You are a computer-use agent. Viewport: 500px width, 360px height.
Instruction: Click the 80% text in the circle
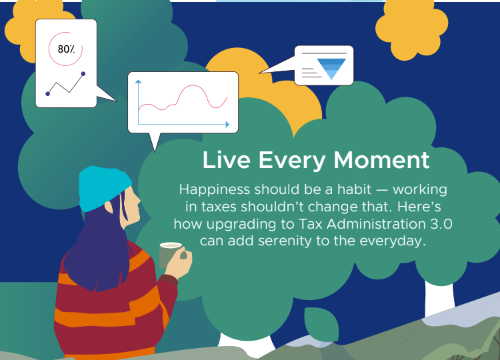(66, 49)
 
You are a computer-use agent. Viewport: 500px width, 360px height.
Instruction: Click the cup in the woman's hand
(170, 255)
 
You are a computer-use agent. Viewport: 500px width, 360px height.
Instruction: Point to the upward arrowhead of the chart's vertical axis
(138, 81)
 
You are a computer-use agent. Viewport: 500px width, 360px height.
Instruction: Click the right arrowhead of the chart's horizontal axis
(227, 125)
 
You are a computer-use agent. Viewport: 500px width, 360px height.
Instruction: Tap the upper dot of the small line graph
(83, 73)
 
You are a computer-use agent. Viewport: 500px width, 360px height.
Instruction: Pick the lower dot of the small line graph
(48, 94)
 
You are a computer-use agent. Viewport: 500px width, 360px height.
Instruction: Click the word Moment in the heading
(382, 160)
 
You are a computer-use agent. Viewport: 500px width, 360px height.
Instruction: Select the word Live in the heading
(226, 160)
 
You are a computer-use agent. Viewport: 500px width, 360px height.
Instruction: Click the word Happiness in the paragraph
(214, 190)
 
